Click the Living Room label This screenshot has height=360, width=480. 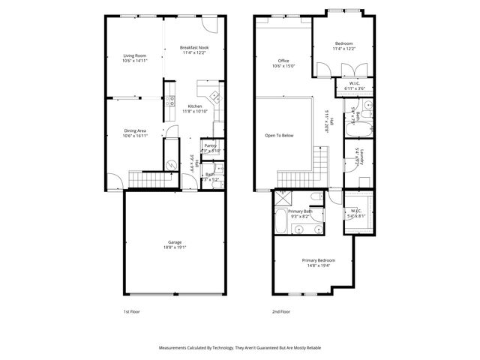pyautogui.click(x=135, y=55)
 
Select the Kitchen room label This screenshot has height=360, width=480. pyautogui.click(x=195, y=106)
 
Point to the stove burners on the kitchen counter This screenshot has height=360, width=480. pyautogui.click(x=214, y=96)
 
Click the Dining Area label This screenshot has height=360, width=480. pyautogui.click(x=135, y=131)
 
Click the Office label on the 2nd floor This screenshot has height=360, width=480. pyautogui.click(x=283, y=61)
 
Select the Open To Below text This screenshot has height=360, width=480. pyautogui.click(x=279, y=136)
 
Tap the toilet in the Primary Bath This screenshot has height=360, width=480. pyautogui.click(x=316, y=199)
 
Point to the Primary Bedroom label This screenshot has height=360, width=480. pyautogui.click(x=319, y=260)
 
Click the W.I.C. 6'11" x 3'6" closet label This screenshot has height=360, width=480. pyautogui.click(x=355, y=86)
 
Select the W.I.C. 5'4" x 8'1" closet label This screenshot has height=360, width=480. pyautogui.click(x=357, y=213)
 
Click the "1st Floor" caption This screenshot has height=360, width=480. pyautogui.click(x=132, y=311)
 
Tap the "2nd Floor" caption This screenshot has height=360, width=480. pyautogui.click(x=280, y=311)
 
